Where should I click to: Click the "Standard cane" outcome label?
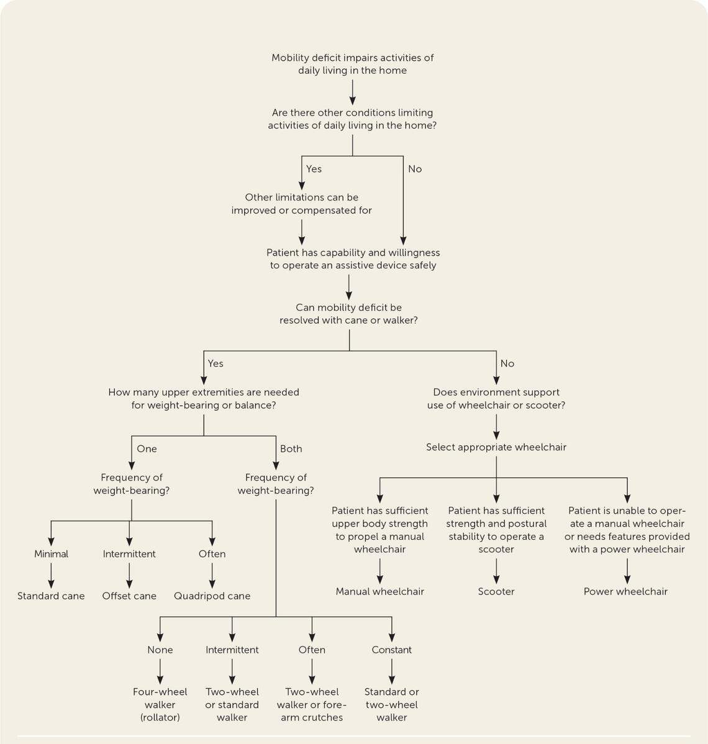[51, 596]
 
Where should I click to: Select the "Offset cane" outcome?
[129, 596]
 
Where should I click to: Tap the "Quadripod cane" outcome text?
[212, 596]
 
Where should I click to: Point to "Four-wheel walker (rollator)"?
[160, 704]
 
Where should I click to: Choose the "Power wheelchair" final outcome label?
[625, 591]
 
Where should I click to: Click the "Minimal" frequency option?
[51, 554]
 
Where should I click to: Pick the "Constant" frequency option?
[391, 650]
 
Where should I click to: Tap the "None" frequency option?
[160, 650]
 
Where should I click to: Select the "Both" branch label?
[291, 449]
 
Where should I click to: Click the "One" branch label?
[147, 449]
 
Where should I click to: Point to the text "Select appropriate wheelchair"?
[496, 447]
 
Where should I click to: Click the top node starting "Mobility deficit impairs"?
[352, 64]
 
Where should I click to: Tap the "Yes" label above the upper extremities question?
[215, 364]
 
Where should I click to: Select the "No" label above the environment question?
[507, 364]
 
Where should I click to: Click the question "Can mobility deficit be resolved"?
[348, 314]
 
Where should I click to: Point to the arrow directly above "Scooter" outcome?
[496, 570]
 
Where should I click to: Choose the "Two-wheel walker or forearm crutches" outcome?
[311, 704]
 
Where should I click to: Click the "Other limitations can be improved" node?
[301, 204]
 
